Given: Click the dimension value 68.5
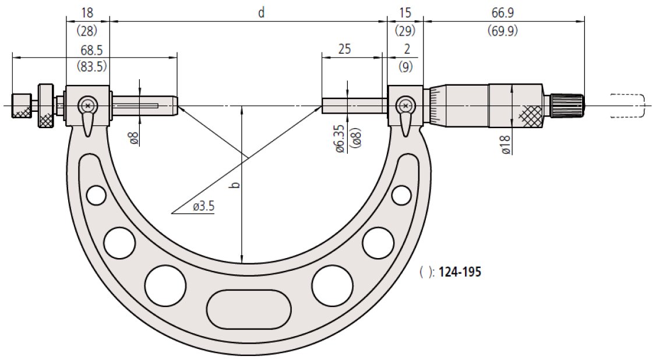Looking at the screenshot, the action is point(91,50).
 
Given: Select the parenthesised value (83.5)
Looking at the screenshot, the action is point(91,66).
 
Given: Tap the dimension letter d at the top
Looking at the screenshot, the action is point(262,13).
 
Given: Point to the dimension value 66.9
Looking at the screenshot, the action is point(502,13).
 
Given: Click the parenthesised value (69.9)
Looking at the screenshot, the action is point(502,30).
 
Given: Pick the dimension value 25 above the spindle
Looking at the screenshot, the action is point(344,49).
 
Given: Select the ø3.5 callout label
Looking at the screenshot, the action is point(204,206).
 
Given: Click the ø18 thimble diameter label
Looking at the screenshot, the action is point(506,144).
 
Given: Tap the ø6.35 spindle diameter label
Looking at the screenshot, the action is point(341,139).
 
